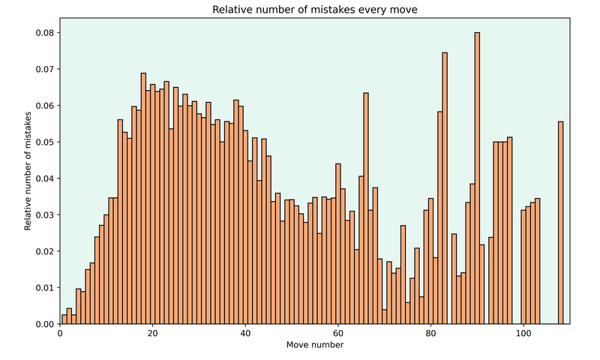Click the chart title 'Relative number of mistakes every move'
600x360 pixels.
point(314,10)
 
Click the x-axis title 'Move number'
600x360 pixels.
point(314,345)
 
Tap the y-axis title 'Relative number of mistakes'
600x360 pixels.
point(28,171)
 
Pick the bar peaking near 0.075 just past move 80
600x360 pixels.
point(445,188)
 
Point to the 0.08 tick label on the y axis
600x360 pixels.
point(43,33)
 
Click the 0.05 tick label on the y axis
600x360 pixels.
point(43,142)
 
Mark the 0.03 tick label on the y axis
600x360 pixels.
point(43,214)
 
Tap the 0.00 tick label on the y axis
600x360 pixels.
point(43,324)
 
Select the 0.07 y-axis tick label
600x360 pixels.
point(43,69)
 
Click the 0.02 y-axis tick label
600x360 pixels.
point(43,251)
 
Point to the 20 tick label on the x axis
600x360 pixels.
point(152,334)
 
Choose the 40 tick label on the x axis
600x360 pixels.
point(245,334)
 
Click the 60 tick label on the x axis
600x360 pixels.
point(337,334)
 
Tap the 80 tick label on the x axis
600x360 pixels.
point(430,334)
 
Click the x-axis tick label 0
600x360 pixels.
point(60,334)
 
